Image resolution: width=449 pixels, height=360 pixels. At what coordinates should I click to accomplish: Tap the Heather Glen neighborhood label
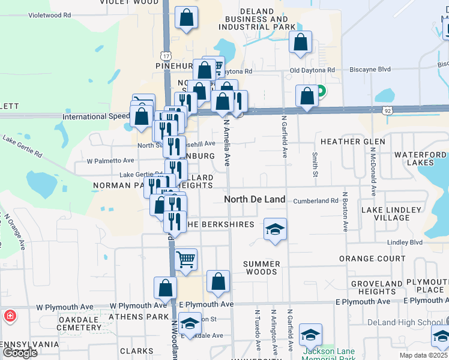352,142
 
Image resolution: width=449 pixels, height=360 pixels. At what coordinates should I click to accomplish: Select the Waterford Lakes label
420,158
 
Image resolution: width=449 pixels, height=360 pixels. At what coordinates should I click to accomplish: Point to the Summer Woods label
262,268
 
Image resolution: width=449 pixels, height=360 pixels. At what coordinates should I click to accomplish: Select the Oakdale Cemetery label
78,324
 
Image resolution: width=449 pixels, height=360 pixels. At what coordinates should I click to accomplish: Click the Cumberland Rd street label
316,200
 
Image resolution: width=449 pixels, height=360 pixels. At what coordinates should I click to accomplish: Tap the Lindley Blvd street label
405,242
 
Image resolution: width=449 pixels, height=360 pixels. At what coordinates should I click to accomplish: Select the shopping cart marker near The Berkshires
186,260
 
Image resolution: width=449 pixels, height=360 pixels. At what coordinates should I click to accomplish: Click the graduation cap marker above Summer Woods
275,229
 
